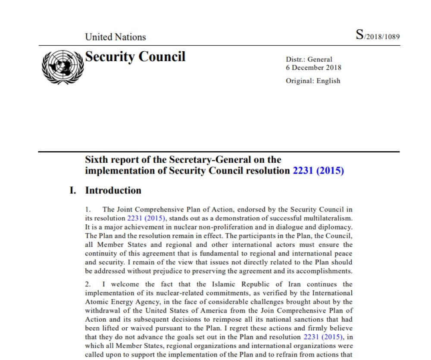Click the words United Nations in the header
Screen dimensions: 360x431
116,37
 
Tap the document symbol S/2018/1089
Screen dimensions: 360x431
378,36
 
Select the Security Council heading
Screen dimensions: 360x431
135,57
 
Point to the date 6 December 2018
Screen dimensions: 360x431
313,68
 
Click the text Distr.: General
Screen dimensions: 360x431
309,60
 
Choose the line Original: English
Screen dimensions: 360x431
313,81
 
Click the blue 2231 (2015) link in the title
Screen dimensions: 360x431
318,171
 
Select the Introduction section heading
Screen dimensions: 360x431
113,190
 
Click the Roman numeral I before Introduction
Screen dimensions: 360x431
72,190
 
